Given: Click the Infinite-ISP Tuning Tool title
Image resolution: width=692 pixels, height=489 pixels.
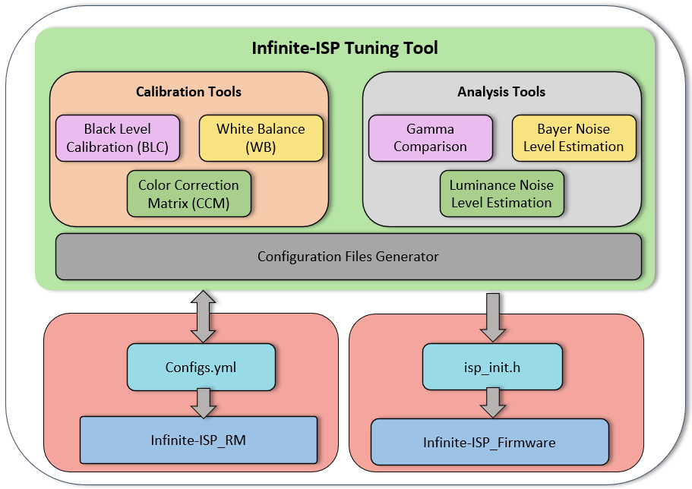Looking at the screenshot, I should pyautogui.click(x=345, y=49).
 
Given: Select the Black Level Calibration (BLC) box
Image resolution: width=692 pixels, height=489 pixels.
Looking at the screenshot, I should pyautogui.click(x=118, y=138).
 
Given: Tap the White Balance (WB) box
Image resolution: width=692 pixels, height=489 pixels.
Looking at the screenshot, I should pyautogui.click(x=261, y=138).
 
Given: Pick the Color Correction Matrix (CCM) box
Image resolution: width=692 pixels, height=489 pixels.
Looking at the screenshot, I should pyautogui.click(x=188, y=194).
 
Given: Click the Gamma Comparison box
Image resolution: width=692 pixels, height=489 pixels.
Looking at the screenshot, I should pyautogui.click(x=430, y=138).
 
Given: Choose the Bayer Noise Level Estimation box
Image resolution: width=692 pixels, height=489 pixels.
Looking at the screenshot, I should pyautogui.click(x=574, y=138).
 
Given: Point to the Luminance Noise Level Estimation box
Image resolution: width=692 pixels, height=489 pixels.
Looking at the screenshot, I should pyautogui.click(x=501, y=194).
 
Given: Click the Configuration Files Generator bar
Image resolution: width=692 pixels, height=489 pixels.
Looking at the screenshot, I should pyautogui.click(x=348, y=257).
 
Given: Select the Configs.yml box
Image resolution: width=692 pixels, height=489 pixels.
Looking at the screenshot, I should pyautogui.click(x=201, y=368).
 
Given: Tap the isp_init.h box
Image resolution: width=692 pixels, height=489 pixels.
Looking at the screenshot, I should pyautogui.click(x=492, y=368).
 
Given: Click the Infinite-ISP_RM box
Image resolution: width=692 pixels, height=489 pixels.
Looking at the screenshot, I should pyautogui.click(x=198, y=440).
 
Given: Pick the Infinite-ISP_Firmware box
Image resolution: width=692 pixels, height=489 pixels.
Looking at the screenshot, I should pyautogui.click(x=490, y=442).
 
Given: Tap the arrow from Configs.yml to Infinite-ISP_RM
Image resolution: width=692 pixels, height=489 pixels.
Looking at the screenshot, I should pyautogui.click(x=203, y=403).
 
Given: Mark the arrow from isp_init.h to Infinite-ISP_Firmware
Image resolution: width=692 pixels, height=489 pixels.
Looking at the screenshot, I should pyautogui.click(x=492, y=403).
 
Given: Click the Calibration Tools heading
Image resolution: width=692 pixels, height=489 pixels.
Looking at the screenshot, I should pyautogui.click(x=188, y=92).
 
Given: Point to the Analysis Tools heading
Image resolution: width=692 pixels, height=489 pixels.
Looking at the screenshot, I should pyautogui.click(x=501, y=92).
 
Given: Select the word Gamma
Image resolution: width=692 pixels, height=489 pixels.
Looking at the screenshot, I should pyautogui.click(x=430, y=130).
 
